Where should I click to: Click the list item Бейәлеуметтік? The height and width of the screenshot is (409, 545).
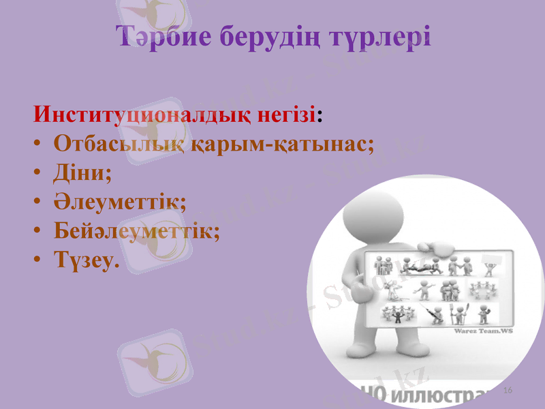coord(136,230)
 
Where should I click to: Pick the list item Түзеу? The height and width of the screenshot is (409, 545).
coord(85,260)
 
